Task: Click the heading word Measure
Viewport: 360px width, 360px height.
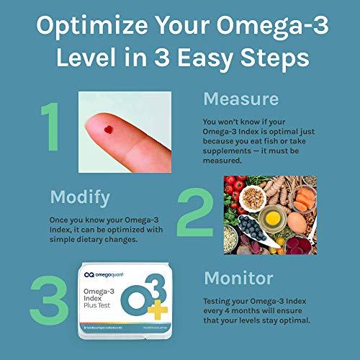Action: [x=241, y=99]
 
